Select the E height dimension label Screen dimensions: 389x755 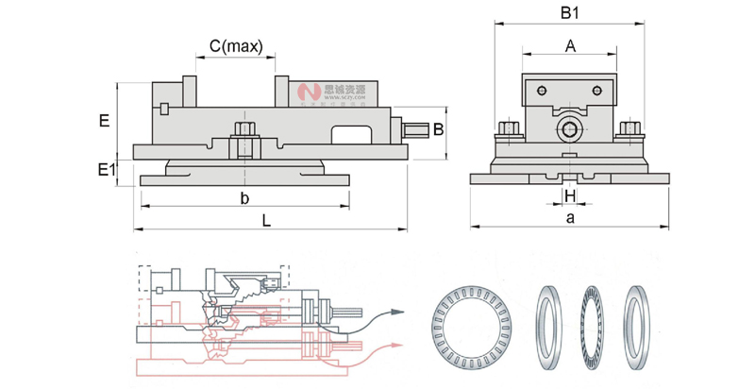104,120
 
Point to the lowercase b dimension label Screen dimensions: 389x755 243,198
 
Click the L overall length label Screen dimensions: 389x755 267,221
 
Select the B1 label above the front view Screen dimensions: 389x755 569,13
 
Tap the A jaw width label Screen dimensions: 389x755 570,45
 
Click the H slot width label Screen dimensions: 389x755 569,194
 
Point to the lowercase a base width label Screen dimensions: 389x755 570,218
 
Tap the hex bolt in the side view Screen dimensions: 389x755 243,129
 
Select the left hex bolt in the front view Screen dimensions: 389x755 507,128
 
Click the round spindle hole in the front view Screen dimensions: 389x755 569,127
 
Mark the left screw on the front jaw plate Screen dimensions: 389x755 540,91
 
